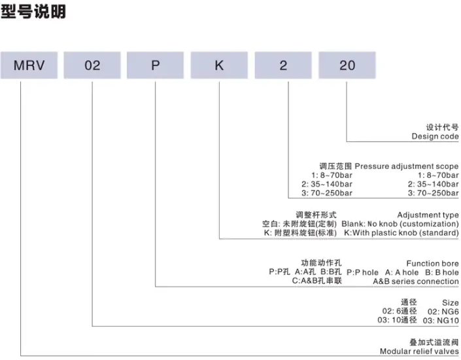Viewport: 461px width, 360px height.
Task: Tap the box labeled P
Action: (x=155, y=65)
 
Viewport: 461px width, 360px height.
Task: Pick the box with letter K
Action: (x=219, y=65)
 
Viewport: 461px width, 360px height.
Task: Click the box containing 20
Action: (x=347, y=65)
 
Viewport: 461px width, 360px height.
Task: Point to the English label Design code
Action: (x=435, y=136)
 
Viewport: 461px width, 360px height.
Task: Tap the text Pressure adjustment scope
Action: (x=407, y=166)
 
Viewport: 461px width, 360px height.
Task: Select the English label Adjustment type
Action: (x=428, y=215)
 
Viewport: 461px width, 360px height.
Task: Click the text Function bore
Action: (x=432, y=263)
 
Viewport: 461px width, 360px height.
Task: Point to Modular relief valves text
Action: (x=419, y=351)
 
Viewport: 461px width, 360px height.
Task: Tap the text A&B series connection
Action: (x=416, y=281)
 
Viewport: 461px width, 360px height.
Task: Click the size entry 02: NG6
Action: (x=443, y=312)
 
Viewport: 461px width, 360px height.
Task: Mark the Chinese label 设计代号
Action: (x=442, y=127)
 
